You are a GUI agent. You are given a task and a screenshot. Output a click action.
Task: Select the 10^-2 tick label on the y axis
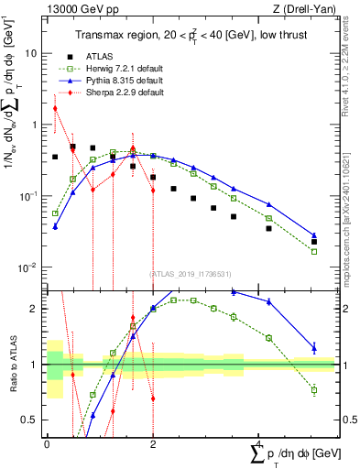(30, 267)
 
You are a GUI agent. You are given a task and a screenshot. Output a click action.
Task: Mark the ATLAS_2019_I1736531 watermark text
(191, 273)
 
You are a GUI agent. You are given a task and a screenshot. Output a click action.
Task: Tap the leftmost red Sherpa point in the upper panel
(55, 108)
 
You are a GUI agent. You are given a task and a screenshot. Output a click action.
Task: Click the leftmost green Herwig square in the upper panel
(55, 213)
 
